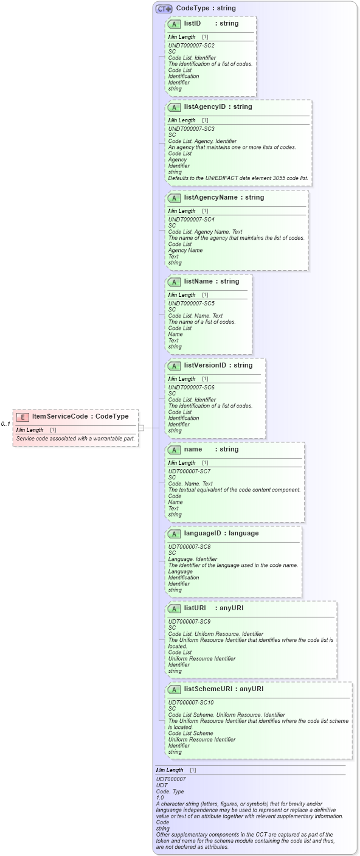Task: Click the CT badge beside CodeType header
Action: pyautogui.click(x=164, y=9)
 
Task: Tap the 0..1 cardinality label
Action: pyautogui.click(x=5, y=424)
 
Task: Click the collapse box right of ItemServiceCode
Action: pyautogui.click(x=142, y=428)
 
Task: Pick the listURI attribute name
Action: pyautogui.click(x=195, y=608)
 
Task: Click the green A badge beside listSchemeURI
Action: pyautogui.click(x=174, y=689)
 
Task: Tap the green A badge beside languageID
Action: pyautogui.click(x=174, y=534)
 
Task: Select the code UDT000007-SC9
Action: pyautogui.click(x=189, y=621)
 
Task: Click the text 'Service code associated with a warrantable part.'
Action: pyautogui.click(x=75, y=438)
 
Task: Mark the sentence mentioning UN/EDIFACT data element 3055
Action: pyautogui.click(x=238, y=178)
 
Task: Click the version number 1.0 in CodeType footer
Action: pyautogui.click(x=160, y=798)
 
